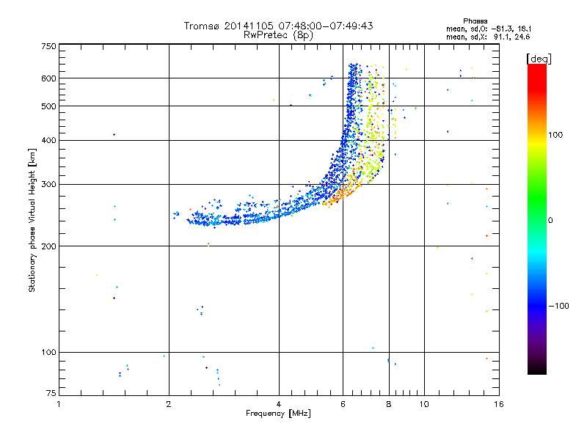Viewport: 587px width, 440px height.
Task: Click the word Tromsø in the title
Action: pyautogui.click(x=202, y=26)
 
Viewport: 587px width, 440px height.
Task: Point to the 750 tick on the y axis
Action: pyautogui.click(x=49, y=45)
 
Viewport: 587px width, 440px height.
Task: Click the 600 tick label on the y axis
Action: pyautogui.click(x=49, y=78)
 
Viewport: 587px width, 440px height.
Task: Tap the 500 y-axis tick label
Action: pyautogui.click(x=49, y=106)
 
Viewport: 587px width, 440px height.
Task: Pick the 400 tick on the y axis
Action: pyautogui.click(x=49, y=140)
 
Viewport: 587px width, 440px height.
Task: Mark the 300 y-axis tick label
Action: pyautogui.click(x=49, y=184)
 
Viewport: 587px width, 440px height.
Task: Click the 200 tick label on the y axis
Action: pyautogui.click(x=49, y=246)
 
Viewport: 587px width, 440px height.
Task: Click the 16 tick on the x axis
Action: pyautogui.click(x=498, y=403)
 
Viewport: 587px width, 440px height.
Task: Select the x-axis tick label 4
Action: pyautogui.click(x=279, y=403)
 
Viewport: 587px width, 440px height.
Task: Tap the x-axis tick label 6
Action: pyautogui.click(x=343, y=403)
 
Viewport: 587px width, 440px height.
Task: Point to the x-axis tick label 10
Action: pyautogui.click(x=423, y=403)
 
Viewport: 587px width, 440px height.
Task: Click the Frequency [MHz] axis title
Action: pyautogui.click(x=278, y=414)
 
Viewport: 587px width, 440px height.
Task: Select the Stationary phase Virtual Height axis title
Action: pyautogui.click(x=32, y=220)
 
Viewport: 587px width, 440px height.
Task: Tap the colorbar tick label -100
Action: pyautogui.click(x=558, y=305)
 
